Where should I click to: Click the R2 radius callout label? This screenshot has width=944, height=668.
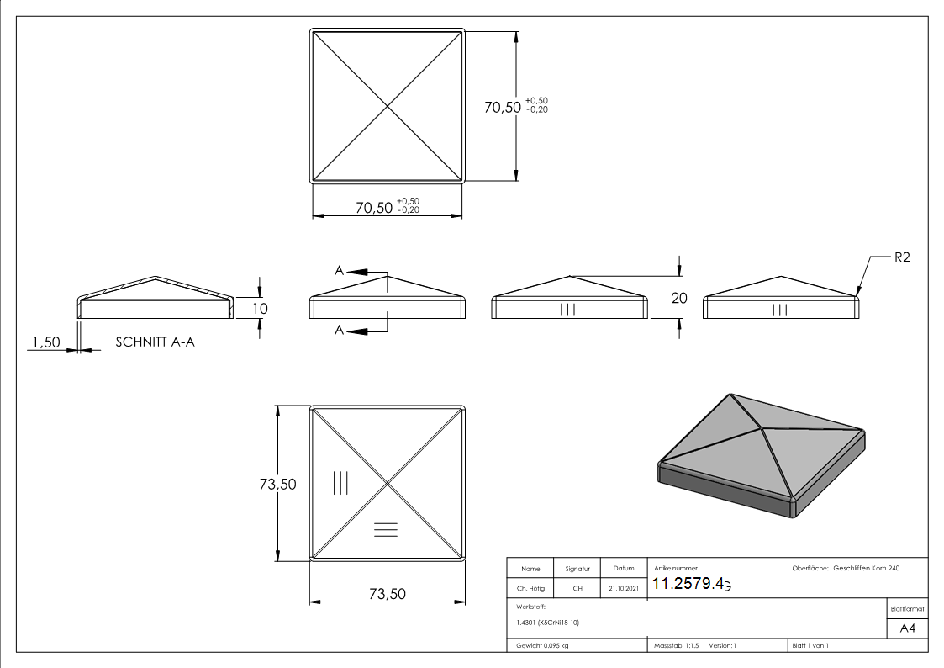point(901,258)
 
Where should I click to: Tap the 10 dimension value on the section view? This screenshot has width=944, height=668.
point(261,309)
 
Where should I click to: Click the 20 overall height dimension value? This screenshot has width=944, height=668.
point(679,297)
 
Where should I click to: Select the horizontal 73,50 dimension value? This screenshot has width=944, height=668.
point(388,594)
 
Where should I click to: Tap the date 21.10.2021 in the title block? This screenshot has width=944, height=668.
point(624,589)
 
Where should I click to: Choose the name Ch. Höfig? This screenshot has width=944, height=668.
point(530,589)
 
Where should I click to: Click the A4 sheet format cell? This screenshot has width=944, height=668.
point(907,628)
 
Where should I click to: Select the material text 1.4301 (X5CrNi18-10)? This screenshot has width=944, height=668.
point(545,623)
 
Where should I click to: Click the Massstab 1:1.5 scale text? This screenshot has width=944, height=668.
point(678,645)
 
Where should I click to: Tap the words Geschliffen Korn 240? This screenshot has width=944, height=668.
point(867,569)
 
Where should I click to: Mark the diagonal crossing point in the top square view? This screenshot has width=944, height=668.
point(388,106)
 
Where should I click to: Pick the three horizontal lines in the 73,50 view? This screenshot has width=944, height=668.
point(386,528)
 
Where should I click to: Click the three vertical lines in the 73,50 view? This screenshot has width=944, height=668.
point(340,482)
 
